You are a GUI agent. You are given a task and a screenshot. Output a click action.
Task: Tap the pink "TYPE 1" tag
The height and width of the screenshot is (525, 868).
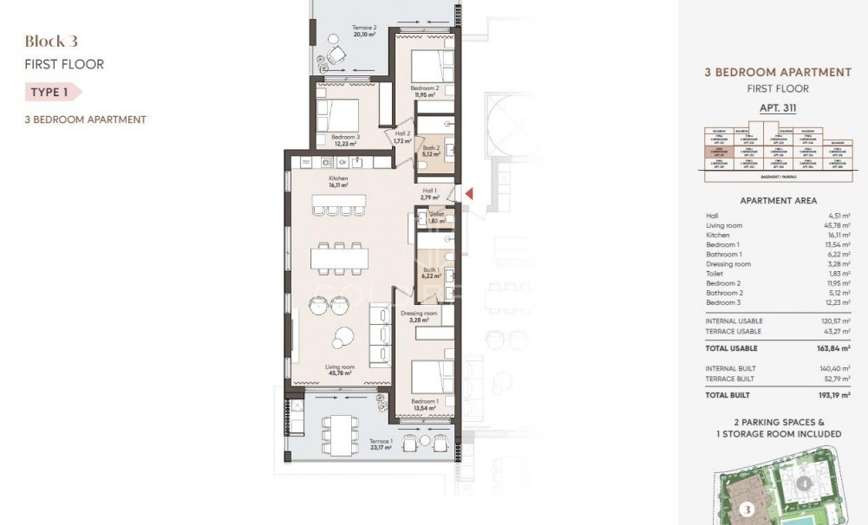pyautogui.click(x=51, y=91)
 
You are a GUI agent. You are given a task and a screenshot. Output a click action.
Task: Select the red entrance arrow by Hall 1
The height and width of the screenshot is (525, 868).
pyautogui.click(x=468, y=193)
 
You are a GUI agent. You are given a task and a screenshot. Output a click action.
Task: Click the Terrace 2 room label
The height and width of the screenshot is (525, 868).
pyautogui.click(x=364, y=31)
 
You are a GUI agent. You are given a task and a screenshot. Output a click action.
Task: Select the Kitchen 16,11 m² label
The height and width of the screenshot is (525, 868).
pyautogui.click(x=338, y=181)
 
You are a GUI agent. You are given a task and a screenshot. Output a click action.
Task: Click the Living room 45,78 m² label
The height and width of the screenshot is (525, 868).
pyautogui.click(x=340, y=371)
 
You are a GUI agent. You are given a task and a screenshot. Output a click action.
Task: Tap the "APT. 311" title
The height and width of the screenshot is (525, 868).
pyautogui.click(x=778, y=108)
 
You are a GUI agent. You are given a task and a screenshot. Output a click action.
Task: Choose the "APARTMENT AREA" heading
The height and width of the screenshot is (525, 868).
pyautogui.click(x=778, y=200)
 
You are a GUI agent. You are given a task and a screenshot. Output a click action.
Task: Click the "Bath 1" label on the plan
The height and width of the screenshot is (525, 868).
pyautogui.click(x=431, y=272)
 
